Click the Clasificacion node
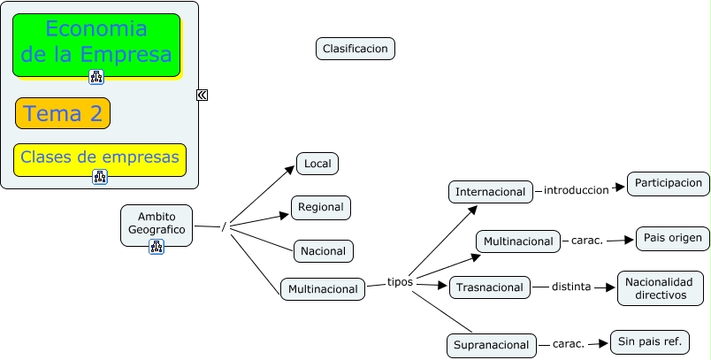tap(355, 49)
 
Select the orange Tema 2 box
tap(63, 113)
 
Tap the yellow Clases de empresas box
tap(100, 157)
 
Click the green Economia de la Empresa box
tap(96, 43)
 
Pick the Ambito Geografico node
tap(157, 223)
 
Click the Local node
tap(317, 164)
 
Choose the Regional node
tap(321, 207)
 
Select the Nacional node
tap(324, 251)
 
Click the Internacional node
tap(491, 191)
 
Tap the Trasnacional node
tap(490, 287)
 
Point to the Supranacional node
tap(491, 345)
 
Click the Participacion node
tap(668, 183)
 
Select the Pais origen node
tap(672, 239)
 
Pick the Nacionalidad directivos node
tap(661, 288)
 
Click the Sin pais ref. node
tap(648, 341)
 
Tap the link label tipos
tap(401, 282)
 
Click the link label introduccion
tap(576, 190)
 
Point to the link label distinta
tap(571, 287)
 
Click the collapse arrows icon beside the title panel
tap(202, 95)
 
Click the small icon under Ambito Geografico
tap(157, 246)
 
